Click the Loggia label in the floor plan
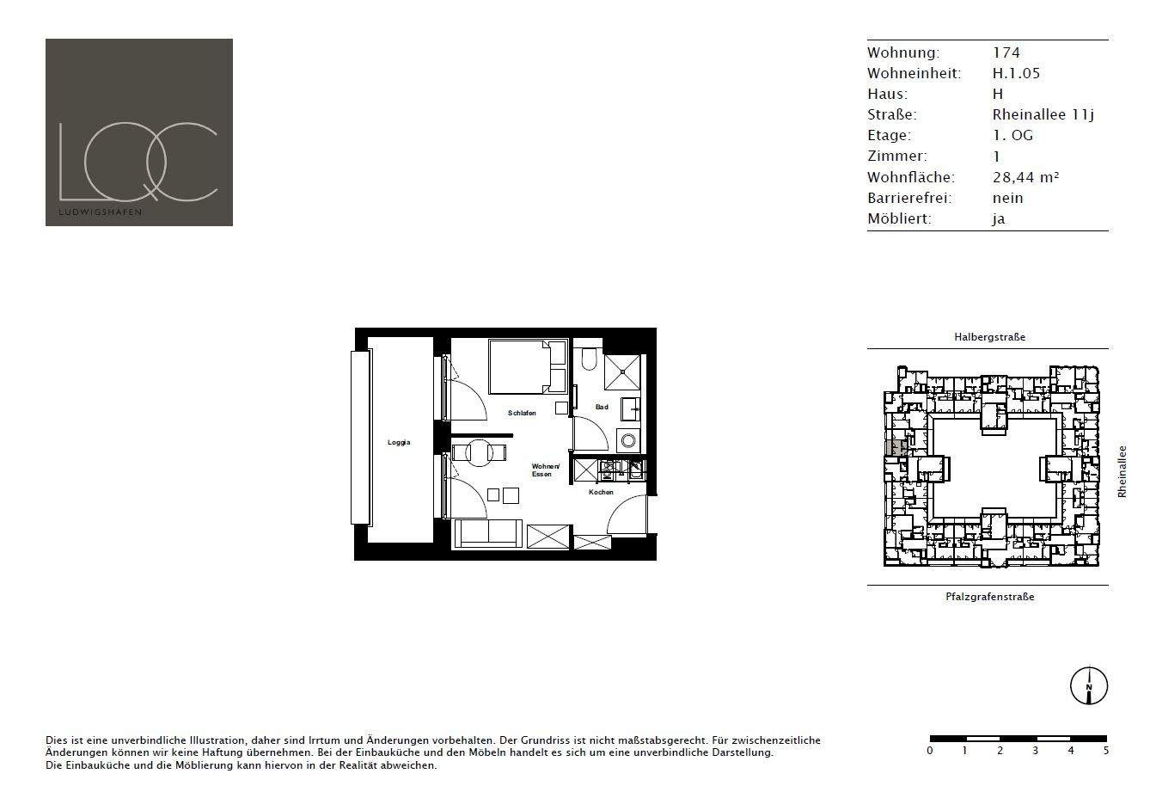[399, 443]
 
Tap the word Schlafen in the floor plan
[522, 414]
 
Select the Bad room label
[602, 407]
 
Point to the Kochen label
[601, 493]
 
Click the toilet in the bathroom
[589, 358]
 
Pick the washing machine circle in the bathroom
[629, 440]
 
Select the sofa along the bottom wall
[487, 534]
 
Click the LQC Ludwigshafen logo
[139, 132]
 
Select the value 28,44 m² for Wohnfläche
[1025, 177]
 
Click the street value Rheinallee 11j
[1043, 114]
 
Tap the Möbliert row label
[899, 218]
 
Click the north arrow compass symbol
[1088, 686]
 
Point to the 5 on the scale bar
[1106, 751]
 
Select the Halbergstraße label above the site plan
[989, 337]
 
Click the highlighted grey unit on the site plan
[896, 448]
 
